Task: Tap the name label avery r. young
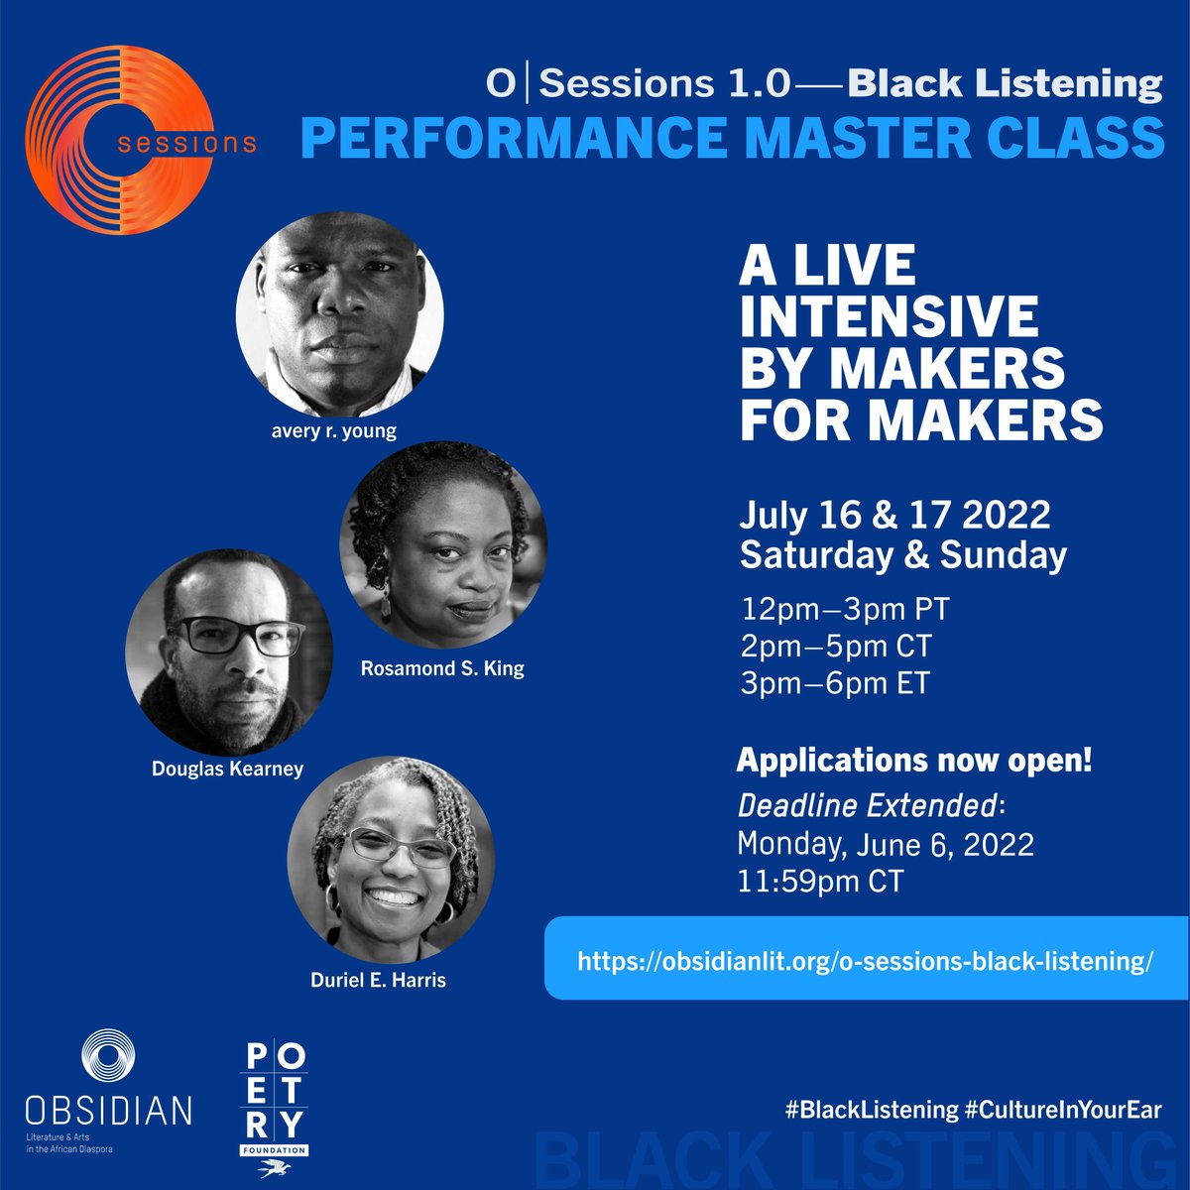pos(333,431)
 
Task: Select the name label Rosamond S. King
pos(442,668)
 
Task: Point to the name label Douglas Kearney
pos(227,769)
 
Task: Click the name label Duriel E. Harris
pos(378,980)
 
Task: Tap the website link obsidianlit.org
pos(865,962)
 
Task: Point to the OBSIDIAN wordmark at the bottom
pos(108,1111)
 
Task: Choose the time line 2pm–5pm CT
pos(836,647)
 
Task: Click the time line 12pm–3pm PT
pos(845,610)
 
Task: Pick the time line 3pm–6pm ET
pos(835,683)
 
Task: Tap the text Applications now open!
pos(914,761)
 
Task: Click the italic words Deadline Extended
pos(867,805)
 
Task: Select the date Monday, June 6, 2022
pos(886,844)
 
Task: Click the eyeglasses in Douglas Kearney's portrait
pos(241,635)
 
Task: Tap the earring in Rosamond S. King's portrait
pos(386,602)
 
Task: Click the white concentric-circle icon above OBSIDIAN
pos(108,1055)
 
